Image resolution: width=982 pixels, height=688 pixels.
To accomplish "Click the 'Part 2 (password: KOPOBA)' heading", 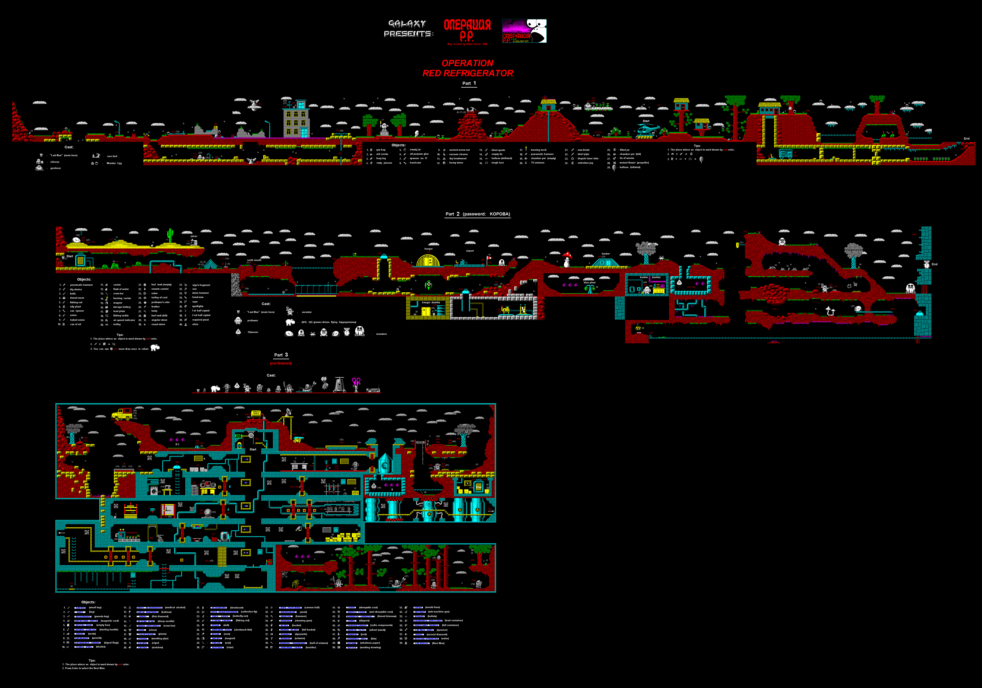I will (x=478, y=214).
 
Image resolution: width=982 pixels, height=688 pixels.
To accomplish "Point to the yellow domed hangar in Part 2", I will (x=428, y=260).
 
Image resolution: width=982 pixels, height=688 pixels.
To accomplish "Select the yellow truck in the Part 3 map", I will (x=122, y=414).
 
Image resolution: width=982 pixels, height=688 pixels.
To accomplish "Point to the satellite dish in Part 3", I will (x=289, y=412).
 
